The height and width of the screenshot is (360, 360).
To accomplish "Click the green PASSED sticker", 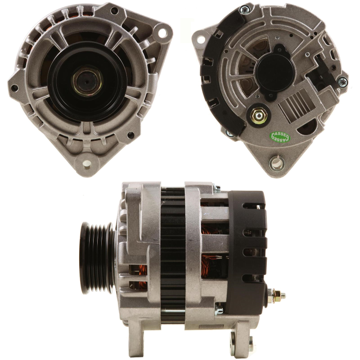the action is [x=280, y=137].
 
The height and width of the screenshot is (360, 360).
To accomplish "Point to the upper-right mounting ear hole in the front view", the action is [x=162, y=32].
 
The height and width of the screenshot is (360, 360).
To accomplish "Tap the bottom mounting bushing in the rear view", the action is [x=277, y=162].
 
